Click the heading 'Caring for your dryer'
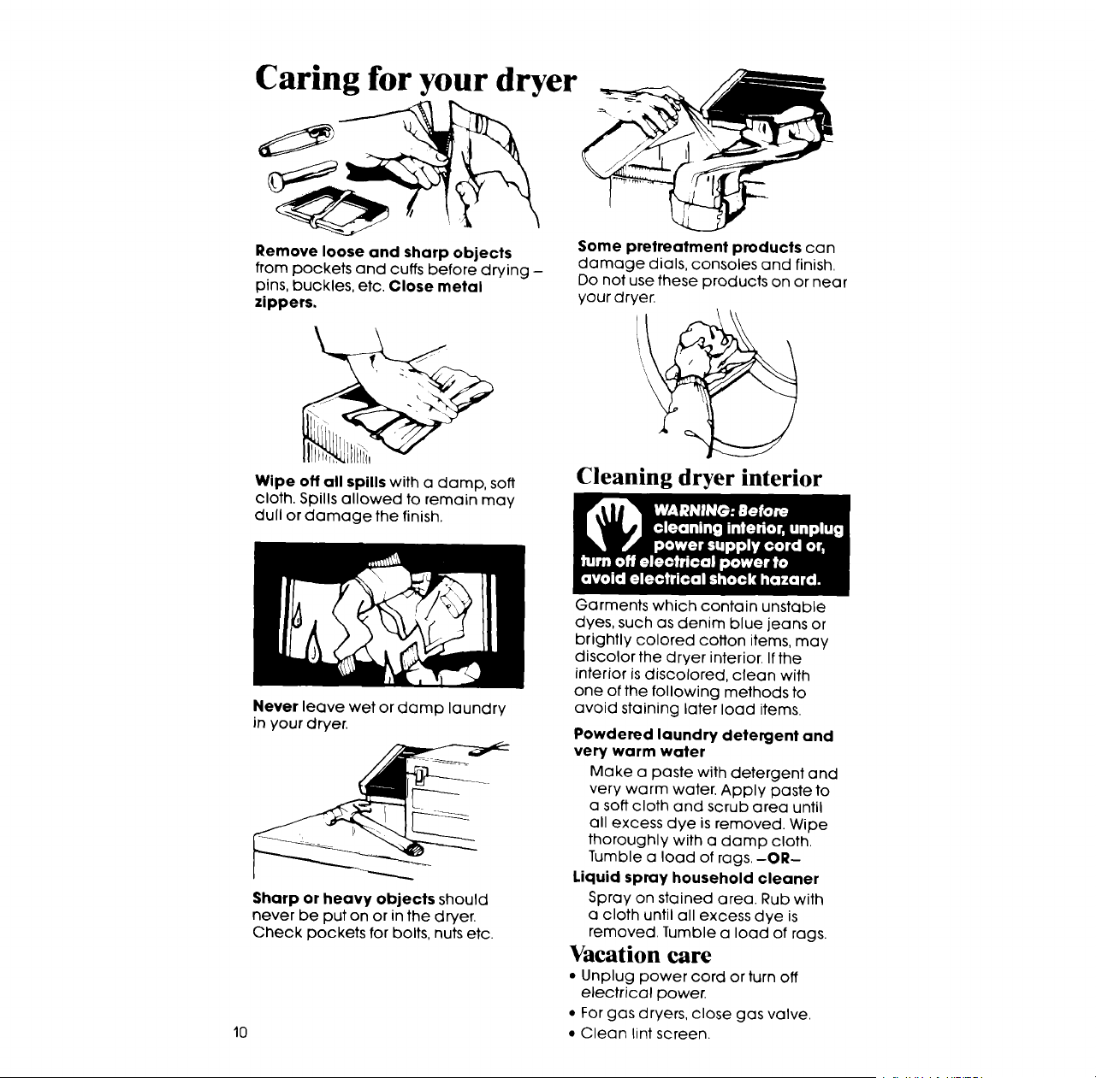pyautogui.click(x=416, y=79)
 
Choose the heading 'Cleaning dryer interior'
pyautogui.click(x=698, y=478)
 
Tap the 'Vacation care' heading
pyautogui.click(x=641, y=955)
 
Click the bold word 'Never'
pyautogui.click(x=275, y=707)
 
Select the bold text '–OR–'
pyautogui.click(x=784, y=857)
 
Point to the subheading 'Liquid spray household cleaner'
pyautogui.click(x=696, y=879)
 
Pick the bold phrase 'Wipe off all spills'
pyautogui.click(x=321, y=481)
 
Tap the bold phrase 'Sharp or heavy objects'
pyautogui.click(x=344, y=898)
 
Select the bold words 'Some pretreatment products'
pyautogui.click(x=690, y=247)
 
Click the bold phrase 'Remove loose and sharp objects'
pyautogui.click(x=383, y=252)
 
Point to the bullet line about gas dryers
pyautogui.click(x=690, y=1014)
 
